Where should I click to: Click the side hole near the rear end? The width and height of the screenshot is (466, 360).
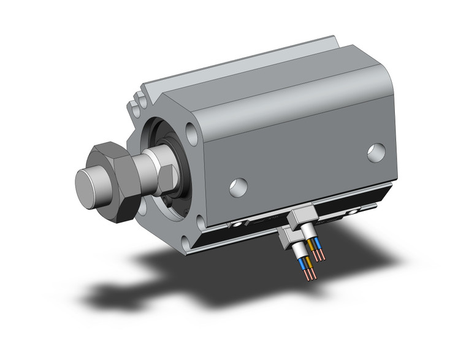pyautogui.click(x=376, y=152)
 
